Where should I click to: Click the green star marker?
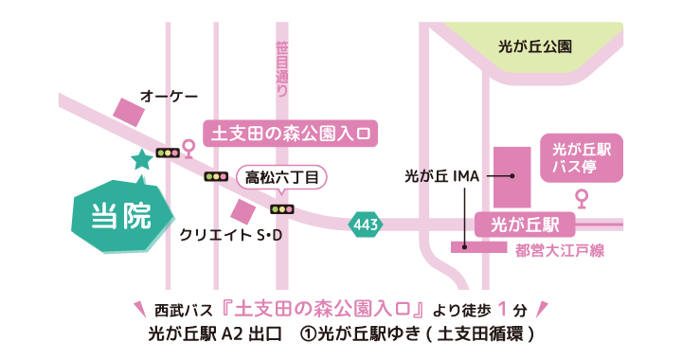point(141,160)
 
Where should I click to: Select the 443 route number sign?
point(366,225)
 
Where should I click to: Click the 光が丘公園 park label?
point(534,45)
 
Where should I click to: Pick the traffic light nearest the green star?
point(168,153)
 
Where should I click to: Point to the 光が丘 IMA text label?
point(443,176)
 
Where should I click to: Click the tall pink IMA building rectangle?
point(511,177)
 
